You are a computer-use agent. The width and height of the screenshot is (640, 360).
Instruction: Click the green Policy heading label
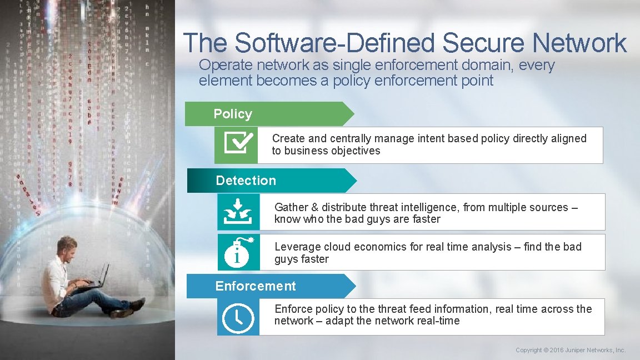(233, 114)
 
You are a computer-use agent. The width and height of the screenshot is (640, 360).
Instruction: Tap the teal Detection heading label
(246, 181)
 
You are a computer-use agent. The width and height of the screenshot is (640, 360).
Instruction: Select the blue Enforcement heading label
(256, 286)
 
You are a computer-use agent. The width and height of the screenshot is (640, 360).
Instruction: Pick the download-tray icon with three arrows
(238, 212)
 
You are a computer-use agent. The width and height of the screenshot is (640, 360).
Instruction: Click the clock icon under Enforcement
(238, 318)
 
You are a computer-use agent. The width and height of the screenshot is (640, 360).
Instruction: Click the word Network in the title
(579, 43)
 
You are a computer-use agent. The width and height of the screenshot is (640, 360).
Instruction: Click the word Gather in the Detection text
(291, 207)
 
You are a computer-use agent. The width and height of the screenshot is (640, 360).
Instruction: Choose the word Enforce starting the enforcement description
(293, 309)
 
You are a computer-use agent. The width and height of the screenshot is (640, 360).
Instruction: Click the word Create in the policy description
(288, 138)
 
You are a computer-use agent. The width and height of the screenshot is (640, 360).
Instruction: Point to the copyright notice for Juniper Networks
(571, 350)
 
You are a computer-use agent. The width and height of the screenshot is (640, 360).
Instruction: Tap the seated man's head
(67, 247)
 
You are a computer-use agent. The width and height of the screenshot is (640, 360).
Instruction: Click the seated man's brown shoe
(122, 313)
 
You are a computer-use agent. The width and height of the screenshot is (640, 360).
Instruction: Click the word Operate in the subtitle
(221, 65)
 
